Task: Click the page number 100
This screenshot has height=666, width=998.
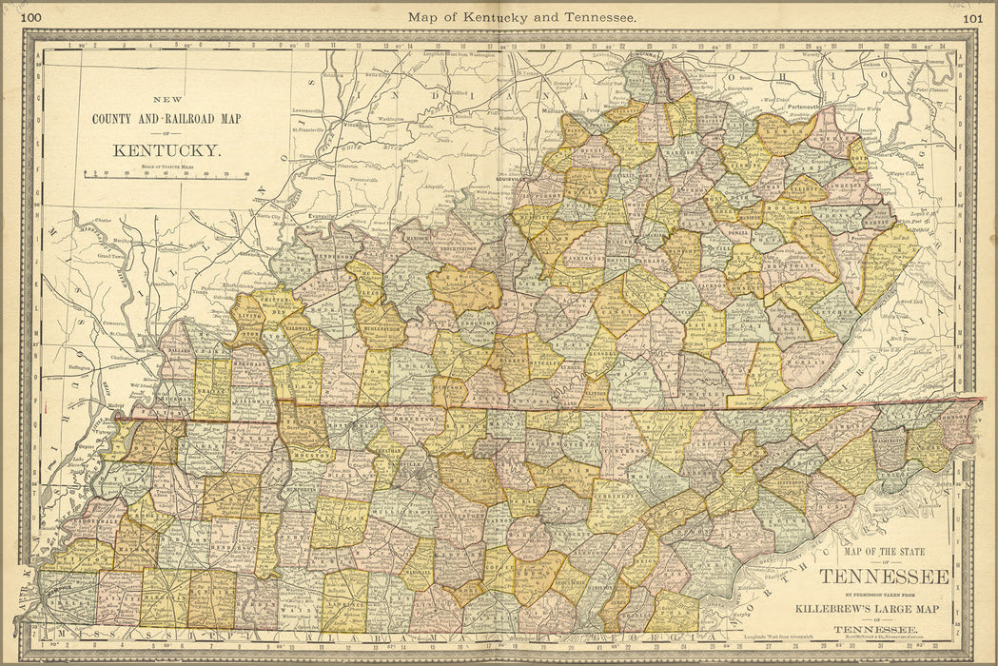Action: pyautogui.click(x=30, y=16)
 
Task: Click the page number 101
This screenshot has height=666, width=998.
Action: pyautogui.click(x=972, y=16)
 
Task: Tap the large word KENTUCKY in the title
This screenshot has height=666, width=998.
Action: pyautogui.click(x=166, y=150)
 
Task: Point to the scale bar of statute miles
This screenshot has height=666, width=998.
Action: pyautogui.click(x=166, y=175)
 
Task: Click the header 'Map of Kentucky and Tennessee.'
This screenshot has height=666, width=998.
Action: pyautogui.click(x=522, y=16)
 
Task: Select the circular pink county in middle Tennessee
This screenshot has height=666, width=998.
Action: pyautogui.click(x=529, y=538)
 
